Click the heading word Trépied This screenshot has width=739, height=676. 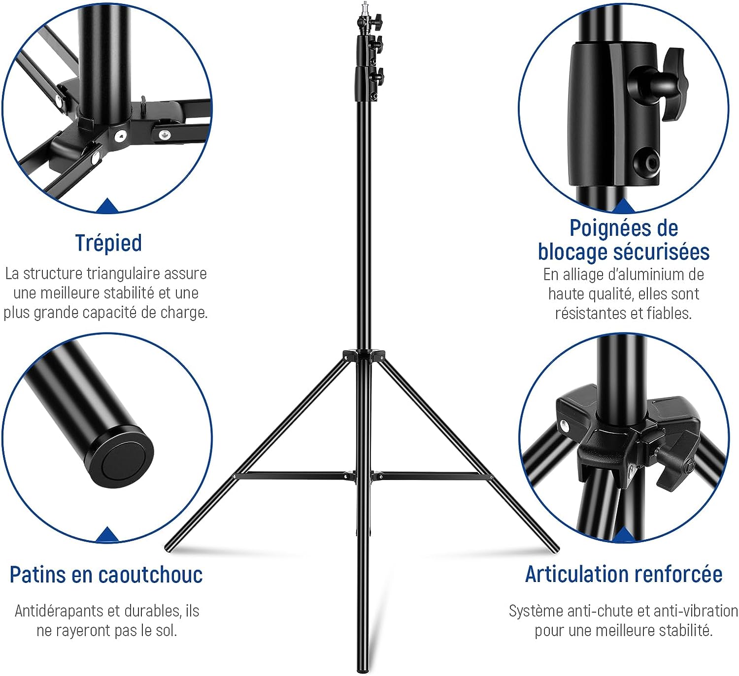108,243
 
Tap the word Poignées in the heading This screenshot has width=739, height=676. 605,229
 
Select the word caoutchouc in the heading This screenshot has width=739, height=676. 151,575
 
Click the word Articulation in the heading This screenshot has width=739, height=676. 573,574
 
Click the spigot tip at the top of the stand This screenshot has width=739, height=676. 365,5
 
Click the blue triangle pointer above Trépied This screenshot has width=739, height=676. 107,205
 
